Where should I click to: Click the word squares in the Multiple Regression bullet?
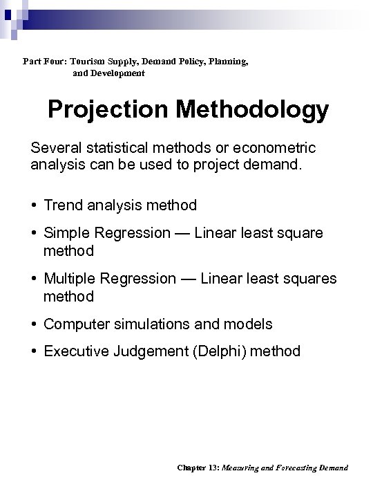[312, 279]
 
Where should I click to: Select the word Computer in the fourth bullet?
[74, 324]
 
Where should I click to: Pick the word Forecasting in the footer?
[292, 468]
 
